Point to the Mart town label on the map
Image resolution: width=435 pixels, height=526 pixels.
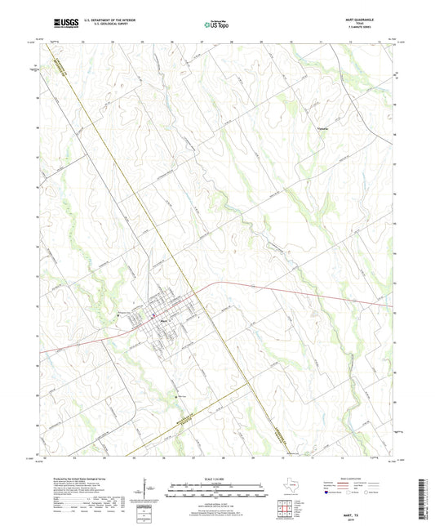point(163,320)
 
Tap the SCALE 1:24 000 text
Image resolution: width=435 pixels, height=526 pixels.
point(216,479)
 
